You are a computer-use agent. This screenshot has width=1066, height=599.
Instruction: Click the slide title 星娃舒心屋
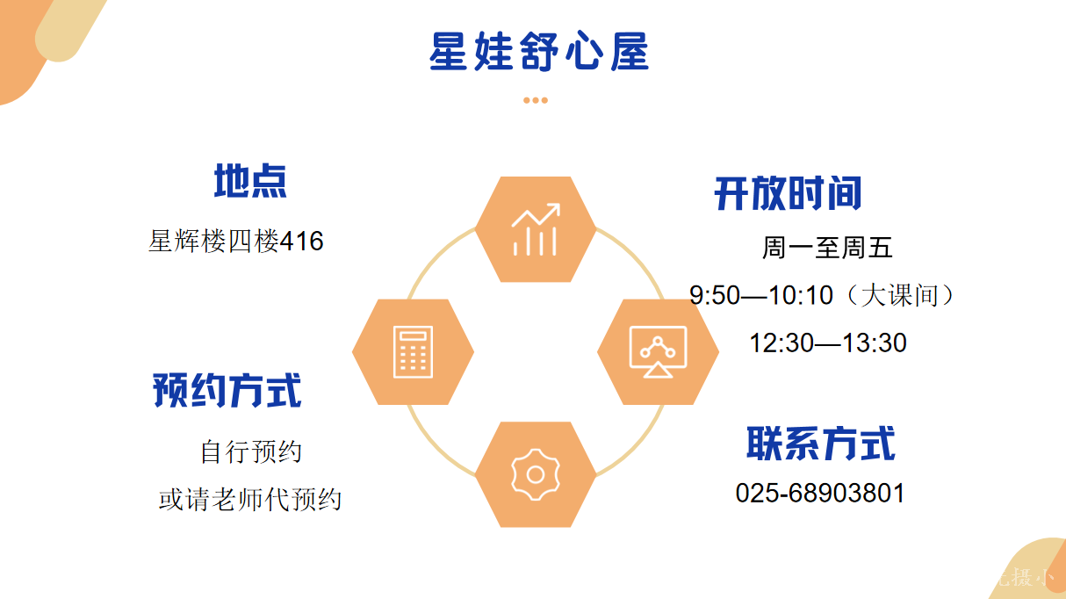point(539,52)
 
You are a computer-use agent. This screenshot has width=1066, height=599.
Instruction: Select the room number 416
point(302,241)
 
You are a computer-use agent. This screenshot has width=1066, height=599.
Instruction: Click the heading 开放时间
point(788,193)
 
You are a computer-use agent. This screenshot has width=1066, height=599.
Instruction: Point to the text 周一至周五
point(827,248)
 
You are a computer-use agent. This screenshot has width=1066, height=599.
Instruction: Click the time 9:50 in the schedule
point(715,295)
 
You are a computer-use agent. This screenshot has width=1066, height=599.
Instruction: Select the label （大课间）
point(900,295)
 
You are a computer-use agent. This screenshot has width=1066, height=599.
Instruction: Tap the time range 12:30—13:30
point(828,343)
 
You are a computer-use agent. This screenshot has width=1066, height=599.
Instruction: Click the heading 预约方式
point(227,391)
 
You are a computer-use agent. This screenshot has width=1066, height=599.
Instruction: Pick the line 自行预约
point(251,451)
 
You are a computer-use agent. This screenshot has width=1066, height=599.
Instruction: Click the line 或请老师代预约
point(250,500)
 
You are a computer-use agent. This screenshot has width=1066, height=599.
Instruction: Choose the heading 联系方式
point(821,444)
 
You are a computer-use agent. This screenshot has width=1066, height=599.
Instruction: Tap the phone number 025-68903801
point(820,493)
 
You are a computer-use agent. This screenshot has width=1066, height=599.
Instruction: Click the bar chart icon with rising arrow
point(536,229)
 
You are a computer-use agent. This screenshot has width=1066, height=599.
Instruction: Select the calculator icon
point(413,352)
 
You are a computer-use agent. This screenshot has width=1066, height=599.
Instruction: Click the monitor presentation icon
point(658,352)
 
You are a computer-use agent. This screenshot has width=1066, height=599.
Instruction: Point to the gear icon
point(536,475)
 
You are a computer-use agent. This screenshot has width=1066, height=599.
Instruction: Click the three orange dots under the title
point(536,100)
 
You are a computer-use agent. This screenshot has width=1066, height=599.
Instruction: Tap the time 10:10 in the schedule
point(801,295)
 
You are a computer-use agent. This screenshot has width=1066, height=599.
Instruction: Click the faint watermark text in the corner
point(1023,578)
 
